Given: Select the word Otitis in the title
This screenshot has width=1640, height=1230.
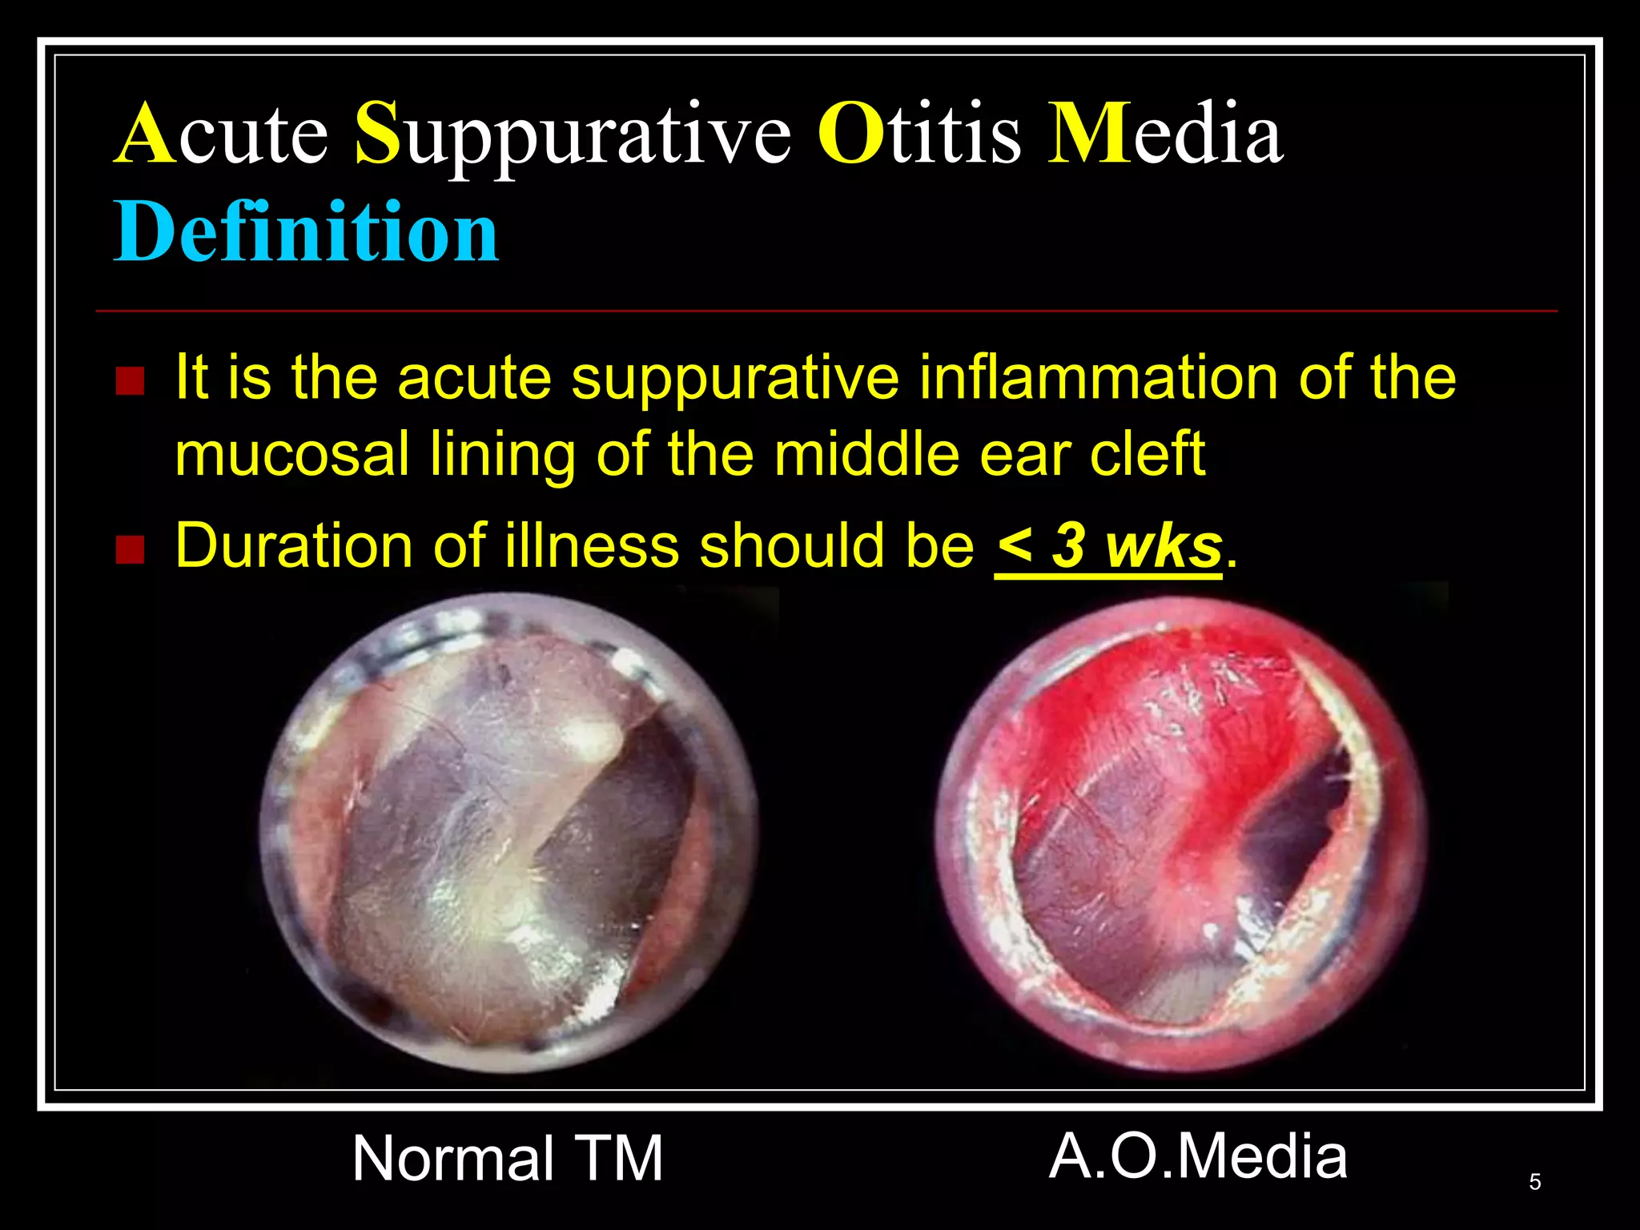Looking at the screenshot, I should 918,134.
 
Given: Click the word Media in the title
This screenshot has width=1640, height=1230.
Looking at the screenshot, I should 1165,134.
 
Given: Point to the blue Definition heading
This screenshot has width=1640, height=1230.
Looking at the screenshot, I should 306,232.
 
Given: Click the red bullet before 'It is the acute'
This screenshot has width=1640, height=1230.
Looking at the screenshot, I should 129,381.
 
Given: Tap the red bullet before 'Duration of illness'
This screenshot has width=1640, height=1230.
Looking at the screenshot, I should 129,550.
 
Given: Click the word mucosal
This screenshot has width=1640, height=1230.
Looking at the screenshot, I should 292,454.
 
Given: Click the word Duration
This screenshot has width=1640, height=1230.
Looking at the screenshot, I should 294,546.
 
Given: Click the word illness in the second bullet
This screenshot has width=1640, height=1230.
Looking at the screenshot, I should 592,546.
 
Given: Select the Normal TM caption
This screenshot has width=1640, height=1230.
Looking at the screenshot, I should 508,1158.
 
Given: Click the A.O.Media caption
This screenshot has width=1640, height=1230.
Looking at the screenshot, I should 1198,1156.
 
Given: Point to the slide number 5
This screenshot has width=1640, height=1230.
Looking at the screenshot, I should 1534,1182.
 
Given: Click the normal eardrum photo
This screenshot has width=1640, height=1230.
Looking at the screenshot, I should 509,833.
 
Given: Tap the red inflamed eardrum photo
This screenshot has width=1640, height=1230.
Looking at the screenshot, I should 1180,833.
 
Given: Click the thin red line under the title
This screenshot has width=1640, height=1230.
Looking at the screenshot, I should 825,311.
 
